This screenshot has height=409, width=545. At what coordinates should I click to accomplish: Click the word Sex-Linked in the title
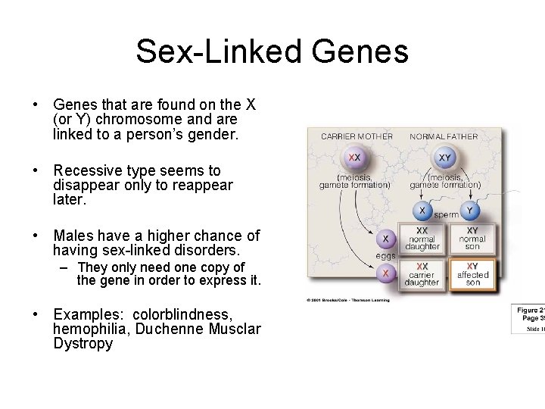tap(218, 52)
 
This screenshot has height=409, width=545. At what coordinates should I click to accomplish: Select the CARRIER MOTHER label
tap(357, 137)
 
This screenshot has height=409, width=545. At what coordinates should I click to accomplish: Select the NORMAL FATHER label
tap(444, 137)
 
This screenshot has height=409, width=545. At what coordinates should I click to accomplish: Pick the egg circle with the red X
tap(385, 273)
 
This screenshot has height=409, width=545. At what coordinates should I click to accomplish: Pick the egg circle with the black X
tap(385, 238)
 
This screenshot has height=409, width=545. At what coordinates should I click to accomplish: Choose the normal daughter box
tap(422, 238)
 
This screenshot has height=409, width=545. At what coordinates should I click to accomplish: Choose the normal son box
tap(472, 238)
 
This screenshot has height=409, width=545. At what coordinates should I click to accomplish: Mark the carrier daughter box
tap(422, 274)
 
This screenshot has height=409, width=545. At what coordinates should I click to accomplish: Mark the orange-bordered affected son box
tap(472, 274)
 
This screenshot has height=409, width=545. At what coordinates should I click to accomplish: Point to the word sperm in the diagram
tap(447, 215)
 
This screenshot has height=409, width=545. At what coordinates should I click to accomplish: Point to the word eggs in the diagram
tap(386, 256)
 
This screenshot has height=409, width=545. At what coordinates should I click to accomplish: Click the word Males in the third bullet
tap(73, 236)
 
